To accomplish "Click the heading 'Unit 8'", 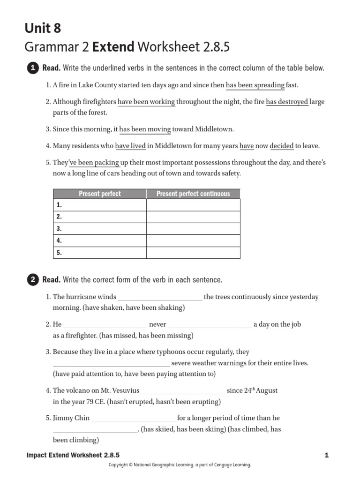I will point(43,29).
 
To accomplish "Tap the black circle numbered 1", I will point(33,68).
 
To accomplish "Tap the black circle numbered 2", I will point(33,280).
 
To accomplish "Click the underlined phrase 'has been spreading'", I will point(255,85).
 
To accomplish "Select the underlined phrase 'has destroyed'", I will point(287,102).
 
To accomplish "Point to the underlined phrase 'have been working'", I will point(146,102).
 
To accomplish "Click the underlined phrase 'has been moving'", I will point(145,129).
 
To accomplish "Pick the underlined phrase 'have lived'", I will point(130,146).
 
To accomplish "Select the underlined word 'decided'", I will point(282,146).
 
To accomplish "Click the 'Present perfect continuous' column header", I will point(193,194).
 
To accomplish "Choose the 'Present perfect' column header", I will point(100,194).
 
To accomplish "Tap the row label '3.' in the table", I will point(59,229).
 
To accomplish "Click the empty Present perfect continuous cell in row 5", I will point(193,253).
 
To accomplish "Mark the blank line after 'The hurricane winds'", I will point(160,297).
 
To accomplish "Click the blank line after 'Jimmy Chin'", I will point(134,418).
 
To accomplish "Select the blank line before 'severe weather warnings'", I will point(111,363).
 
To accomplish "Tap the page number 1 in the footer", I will point(326,455).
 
